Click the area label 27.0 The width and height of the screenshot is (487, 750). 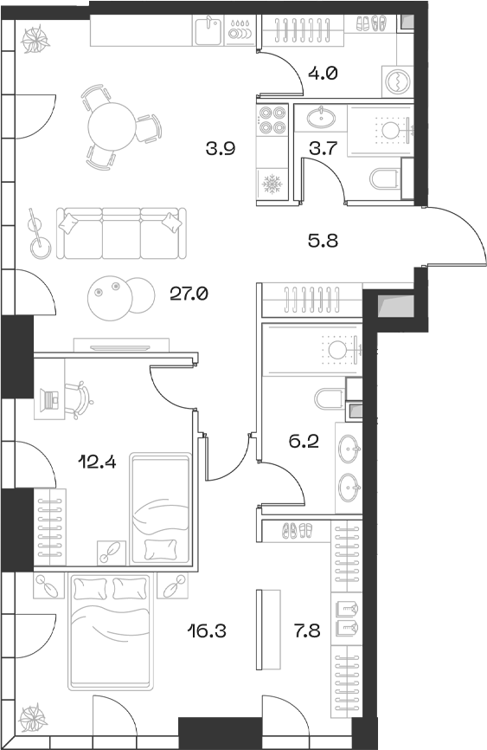pyautogui.click(x=189, y=294)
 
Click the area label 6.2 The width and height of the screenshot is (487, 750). pyautogui.click(x=304, y=442)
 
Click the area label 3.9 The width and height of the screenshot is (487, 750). pyautogui.click(x=221, y=150)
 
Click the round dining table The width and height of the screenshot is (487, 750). pyautogui.click(x=112, y=123)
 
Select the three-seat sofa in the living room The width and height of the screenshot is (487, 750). pyautogui.click(x=121, y=232)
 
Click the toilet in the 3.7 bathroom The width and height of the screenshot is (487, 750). pyautogui.click(x=384, y=180)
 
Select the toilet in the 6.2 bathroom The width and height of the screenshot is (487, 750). pyautogui.click(x=329, y=399)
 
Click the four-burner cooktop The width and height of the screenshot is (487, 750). pyautogui.click(x=272, y=119)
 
